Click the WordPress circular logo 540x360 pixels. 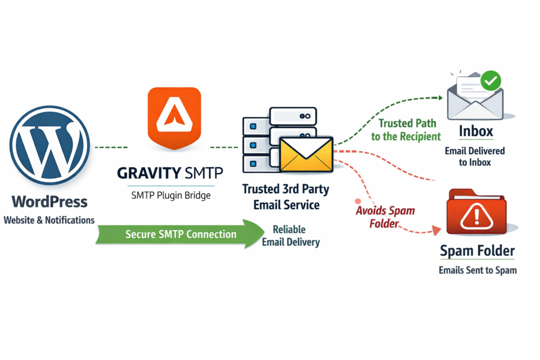coord(49,145)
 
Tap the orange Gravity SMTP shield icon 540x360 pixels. coord(174,118)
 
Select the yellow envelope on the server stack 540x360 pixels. coord(306,155)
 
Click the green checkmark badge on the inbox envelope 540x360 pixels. coord(490,81)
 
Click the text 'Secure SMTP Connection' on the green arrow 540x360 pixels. coord(181,234)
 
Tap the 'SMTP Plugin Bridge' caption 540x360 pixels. coord(170,195)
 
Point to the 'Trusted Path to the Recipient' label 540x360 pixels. coord(406,130)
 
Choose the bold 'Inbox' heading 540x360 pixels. coord(475,131)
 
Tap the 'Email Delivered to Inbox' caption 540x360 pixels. coord(475,157)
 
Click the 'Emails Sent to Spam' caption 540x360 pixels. coord(477,270)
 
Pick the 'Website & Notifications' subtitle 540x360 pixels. coord(49,220)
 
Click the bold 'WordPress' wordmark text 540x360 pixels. coord(50,202)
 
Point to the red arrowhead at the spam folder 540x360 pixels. coord(436,230)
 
